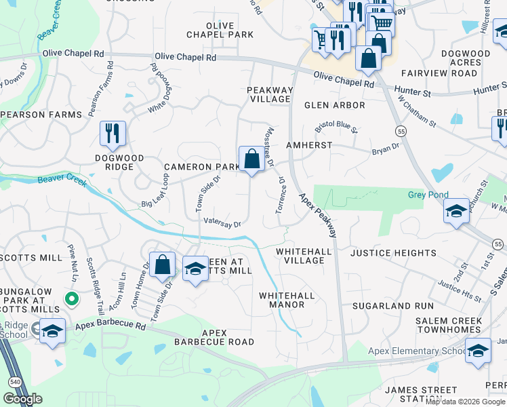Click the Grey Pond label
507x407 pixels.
click(428, 195)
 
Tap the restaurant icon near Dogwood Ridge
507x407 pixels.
click(113, 133)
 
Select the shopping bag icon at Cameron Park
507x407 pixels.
click(251, 160)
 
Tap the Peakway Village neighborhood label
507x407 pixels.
click(270, 94)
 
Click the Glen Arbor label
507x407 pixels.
click(335, 105)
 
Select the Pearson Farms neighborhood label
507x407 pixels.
click(41, 115)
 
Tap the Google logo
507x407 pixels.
click(22, 399)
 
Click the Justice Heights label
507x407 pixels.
click(393, 253)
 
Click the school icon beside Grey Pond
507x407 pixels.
click(456, 210)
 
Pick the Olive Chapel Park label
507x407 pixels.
click(220, 30)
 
